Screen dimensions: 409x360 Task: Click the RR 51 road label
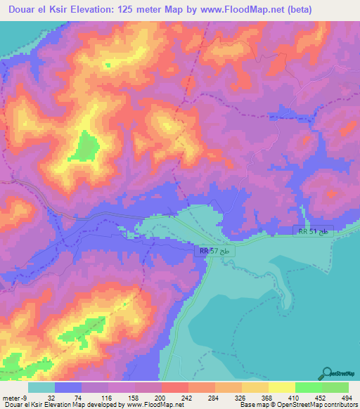pos(313,231)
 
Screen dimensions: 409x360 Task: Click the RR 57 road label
pos(213,249)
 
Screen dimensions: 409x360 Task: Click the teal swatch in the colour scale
pos(41,387)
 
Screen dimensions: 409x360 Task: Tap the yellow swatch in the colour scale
pos(281,387)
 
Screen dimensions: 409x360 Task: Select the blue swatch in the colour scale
pos(68,387)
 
